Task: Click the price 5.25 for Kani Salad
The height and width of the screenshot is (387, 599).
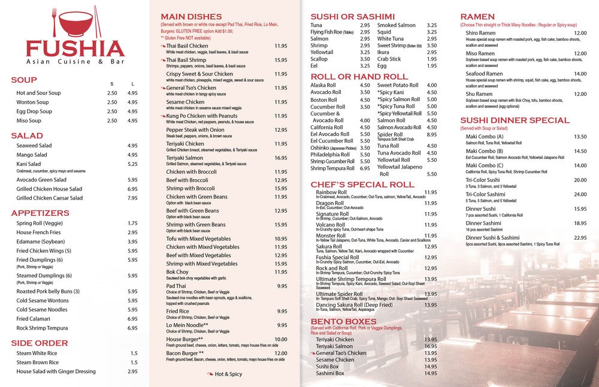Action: coord(132,164)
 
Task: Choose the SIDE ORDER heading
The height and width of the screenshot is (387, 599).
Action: coord(40,343)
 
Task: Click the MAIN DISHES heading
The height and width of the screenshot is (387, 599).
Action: coord(191,16)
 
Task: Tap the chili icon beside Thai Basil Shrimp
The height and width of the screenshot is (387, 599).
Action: coord(162,60)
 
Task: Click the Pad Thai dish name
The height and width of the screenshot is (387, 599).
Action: coord(177,286)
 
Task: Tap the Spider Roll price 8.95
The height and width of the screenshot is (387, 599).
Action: coord(431,135)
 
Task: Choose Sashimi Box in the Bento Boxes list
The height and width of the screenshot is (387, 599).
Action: coord(330,373)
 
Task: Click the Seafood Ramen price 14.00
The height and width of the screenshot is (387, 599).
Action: coord(580,74)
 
